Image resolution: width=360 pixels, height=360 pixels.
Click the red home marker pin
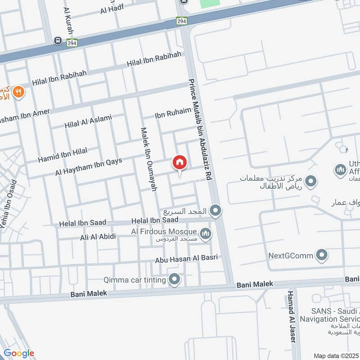coord(179,162)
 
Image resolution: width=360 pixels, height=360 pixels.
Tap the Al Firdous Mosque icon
coord(206,234)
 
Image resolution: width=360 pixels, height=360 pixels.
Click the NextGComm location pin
coord(321,256)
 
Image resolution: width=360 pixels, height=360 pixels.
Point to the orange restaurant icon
coord(18,92)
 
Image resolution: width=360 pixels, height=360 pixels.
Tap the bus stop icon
coord(58,41)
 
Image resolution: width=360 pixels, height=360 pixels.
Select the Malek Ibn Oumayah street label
coord(149,159)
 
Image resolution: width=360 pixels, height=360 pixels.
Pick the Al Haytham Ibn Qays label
coord(89,166)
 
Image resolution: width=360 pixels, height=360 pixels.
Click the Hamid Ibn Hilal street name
coord(63,155)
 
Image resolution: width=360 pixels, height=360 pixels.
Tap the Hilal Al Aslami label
coord(88,121)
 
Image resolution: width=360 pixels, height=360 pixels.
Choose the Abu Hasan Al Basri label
coord(186,258)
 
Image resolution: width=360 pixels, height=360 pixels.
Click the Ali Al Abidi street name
coord(98,237)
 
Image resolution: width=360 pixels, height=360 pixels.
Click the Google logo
coord(18,353)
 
